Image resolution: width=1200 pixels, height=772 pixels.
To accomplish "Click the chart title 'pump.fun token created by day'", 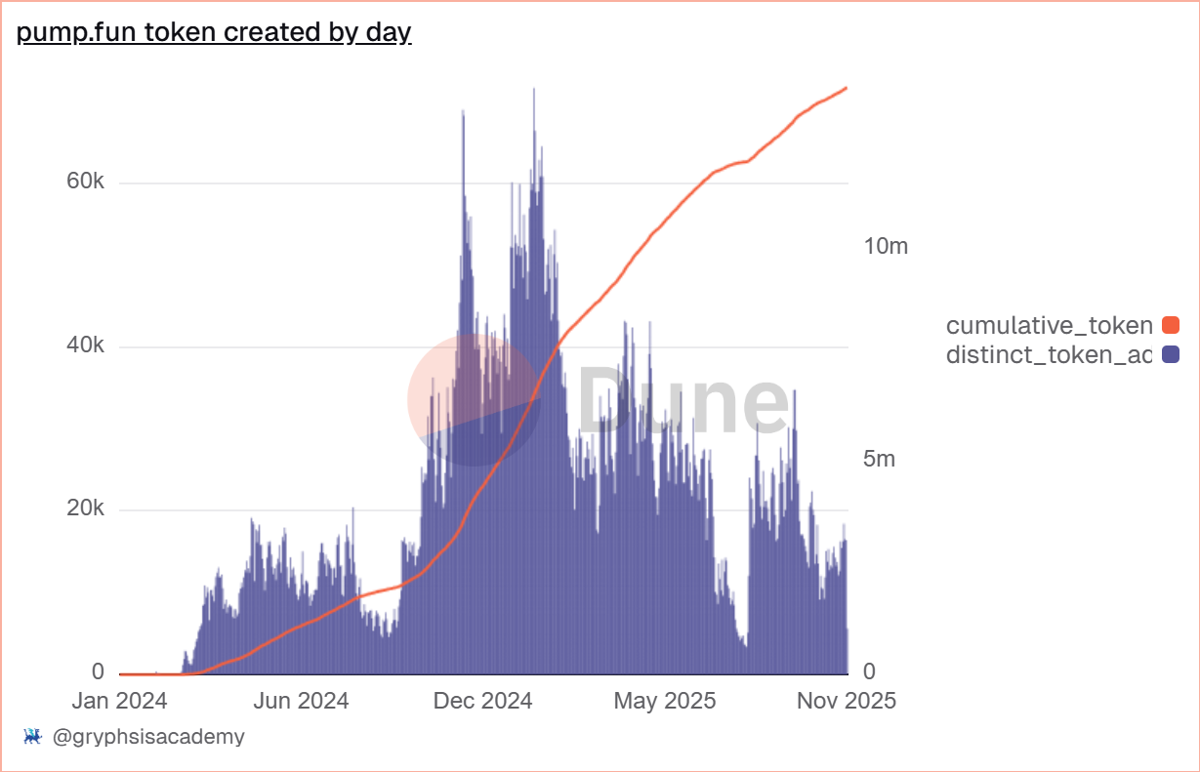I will [x=214, y=32].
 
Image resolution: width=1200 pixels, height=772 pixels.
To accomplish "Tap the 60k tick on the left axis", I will [x=85, y=183].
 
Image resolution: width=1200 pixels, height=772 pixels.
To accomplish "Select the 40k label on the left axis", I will [x=85, y=346].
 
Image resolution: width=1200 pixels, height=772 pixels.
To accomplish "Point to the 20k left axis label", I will [x=85, y=509].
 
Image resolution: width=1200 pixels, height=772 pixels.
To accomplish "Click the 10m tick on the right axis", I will [x=886, y=246].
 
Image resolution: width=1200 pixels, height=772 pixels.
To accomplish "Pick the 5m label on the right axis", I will [x=879, y=459].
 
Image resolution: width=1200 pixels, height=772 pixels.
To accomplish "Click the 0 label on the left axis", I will [x=99, y=672].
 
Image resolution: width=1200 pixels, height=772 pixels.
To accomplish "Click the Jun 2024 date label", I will [x=301, y=701].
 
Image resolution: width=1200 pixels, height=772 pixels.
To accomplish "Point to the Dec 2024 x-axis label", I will [x=482, y=701].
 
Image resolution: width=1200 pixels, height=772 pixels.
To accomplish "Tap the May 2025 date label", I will [x=665, y=701].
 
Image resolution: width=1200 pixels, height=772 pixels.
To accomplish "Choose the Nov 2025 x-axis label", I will [x=846, y=701].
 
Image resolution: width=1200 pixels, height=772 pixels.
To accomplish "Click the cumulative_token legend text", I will [x=1049, y=325].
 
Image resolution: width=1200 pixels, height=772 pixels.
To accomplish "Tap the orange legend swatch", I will [x=1170, y=325].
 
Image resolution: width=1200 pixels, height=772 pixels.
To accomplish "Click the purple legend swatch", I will [x=1170, y=354].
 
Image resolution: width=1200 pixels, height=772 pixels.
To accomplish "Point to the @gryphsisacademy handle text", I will [x=146, y=737].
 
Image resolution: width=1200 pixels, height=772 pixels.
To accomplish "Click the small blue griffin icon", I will [x=31, y=737].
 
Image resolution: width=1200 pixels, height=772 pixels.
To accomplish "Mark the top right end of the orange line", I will [x=847, y=88].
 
